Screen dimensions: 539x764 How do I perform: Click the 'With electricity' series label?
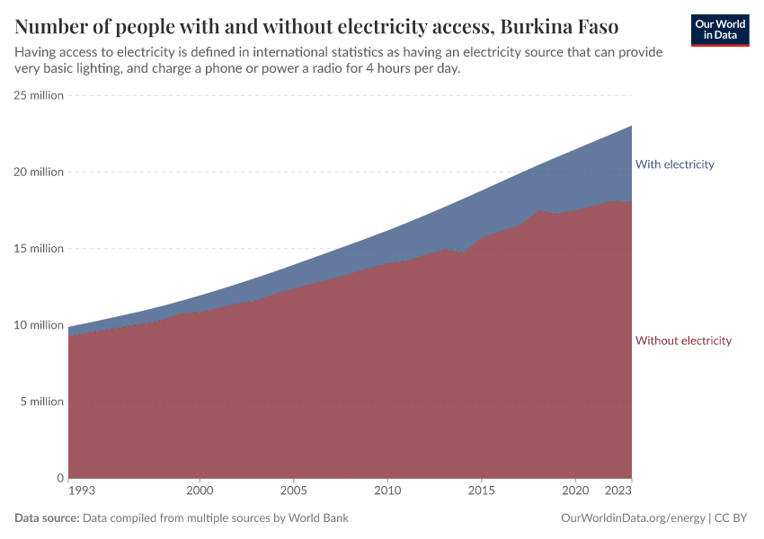click(674, 164)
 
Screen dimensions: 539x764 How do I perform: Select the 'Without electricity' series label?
click(683, 340)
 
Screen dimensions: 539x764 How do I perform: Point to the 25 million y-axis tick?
click(39, 95)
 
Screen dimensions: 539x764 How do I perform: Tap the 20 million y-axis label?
click(39, 172)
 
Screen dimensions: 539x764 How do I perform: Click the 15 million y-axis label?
click(39, 249)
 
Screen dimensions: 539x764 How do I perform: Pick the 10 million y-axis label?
click(39, 325)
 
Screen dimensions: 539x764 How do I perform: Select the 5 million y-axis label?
click(41, 402)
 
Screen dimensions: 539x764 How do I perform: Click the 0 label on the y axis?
click(59, 478)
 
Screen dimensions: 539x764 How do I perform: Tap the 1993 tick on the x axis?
click(81, 491)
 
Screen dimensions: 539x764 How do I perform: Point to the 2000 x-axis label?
click(200, 491)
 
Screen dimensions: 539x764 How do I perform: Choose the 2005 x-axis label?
click(293, 491)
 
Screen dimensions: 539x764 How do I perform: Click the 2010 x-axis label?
click(387, 491)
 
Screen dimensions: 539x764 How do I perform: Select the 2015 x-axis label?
click(481, 491)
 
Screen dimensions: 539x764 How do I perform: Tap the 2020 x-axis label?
click(575, 491)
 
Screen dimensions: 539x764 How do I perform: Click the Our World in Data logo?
click(720, 30)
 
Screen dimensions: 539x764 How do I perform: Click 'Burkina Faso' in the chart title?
click(557, 24)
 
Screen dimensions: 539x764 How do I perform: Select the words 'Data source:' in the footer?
click(47, 518)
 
